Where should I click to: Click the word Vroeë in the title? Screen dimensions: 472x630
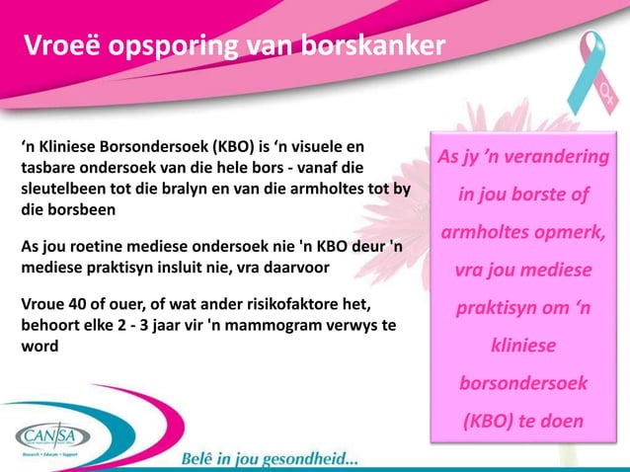tap(57, 46)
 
